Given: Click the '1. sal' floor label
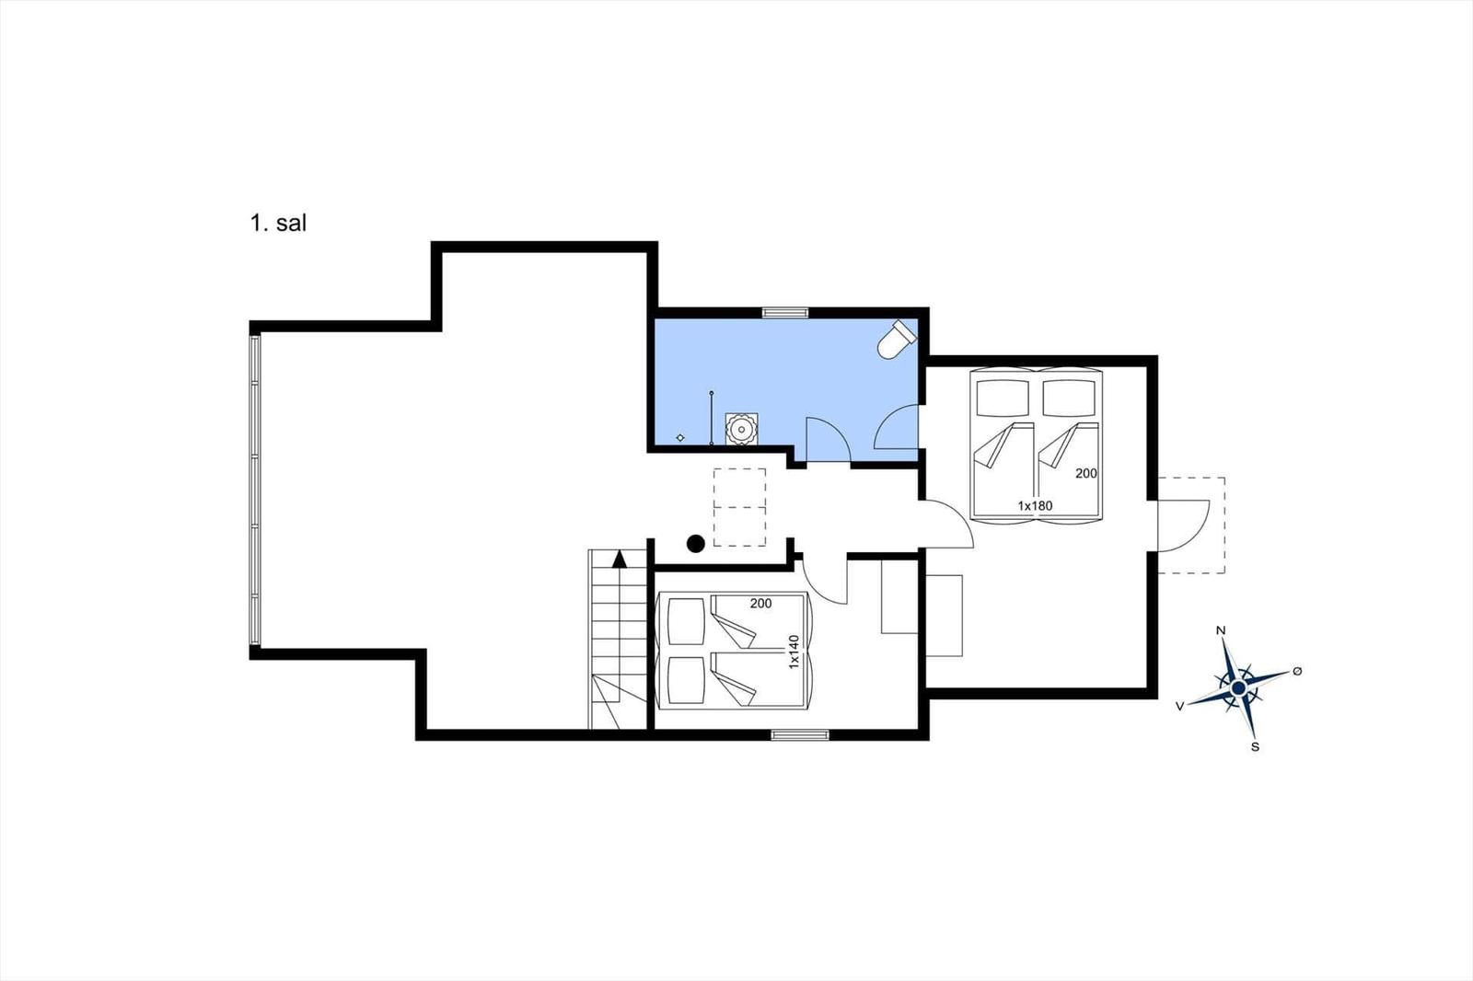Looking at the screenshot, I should pyautogui.click(x=277, y=223).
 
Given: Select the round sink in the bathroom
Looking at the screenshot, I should pyautogui.click(x=740, y=428).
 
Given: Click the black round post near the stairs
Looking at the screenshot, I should pyautogui.click(x=696, y=544).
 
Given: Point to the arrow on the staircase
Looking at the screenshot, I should pyautogui.click(x=619, y=559).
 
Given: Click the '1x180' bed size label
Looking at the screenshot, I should pyautogui.click(x=1034, y=505).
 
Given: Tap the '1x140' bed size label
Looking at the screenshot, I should pyautogui.click(x=794, y=651).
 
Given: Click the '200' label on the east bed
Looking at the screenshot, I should pyautogui.click(x=1086, y=473).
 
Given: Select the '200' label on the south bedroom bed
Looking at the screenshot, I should pyautogui.click(x=760, y=604).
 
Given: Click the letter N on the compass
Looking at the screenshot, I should pyautogui.click(x=1221, y=630).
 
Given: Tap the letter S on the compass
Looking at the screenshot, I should pyautogui.click(x=1255, y=746).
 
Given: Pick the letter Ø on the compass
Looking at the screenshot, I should pyautogui.click(x=1297, y=671).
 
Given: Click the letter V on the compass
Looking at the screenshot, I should pyautogui.click(x=1179, y=706).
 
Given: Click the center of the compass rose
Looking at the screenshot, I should pyautogui.click(x=1238, y=687).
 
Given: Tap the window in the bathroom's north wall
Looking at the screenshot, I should pyautogui.click(x=784, y=313).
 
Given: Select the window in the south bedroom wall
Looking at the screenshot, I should pyautogui.click(x=799, y=734).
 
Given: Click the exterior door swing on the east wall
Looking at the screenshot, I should pyautogui.click(x=1184, y=525).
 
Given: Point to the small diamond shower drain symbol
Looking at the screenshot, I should pyautogui.click(x=680, y=437).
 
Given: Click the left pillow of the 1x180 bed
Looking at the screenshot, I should pyautogui.click(x=1003, y=398).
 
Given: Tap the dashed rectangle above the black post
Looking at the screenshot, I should pyautogui.click(x=740, y=507).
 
